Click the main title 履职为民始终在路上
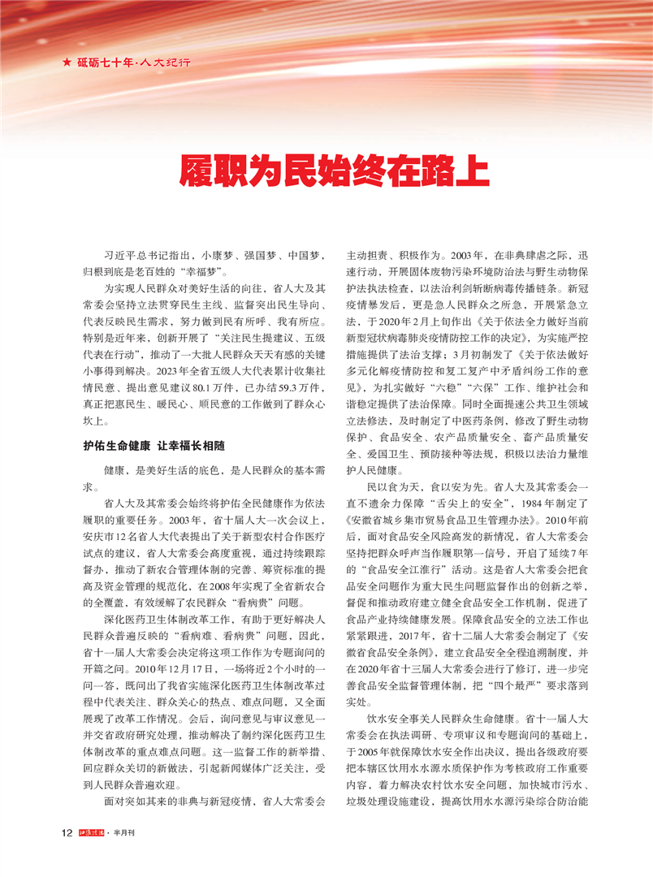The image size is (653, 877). coord(333,172)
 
